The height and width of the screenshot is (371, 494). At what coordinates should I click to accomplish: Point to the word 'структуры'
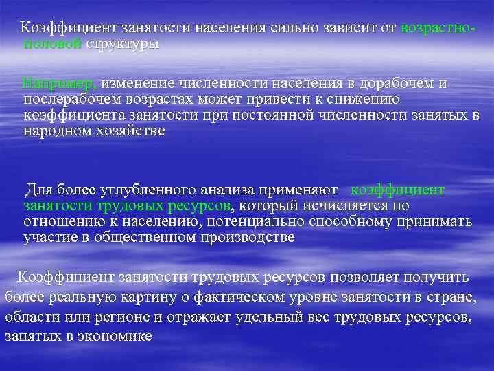[x=122, y=44]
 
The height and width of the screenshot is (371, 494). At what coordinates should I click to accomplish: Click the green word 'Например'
[x=60, y=83]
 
